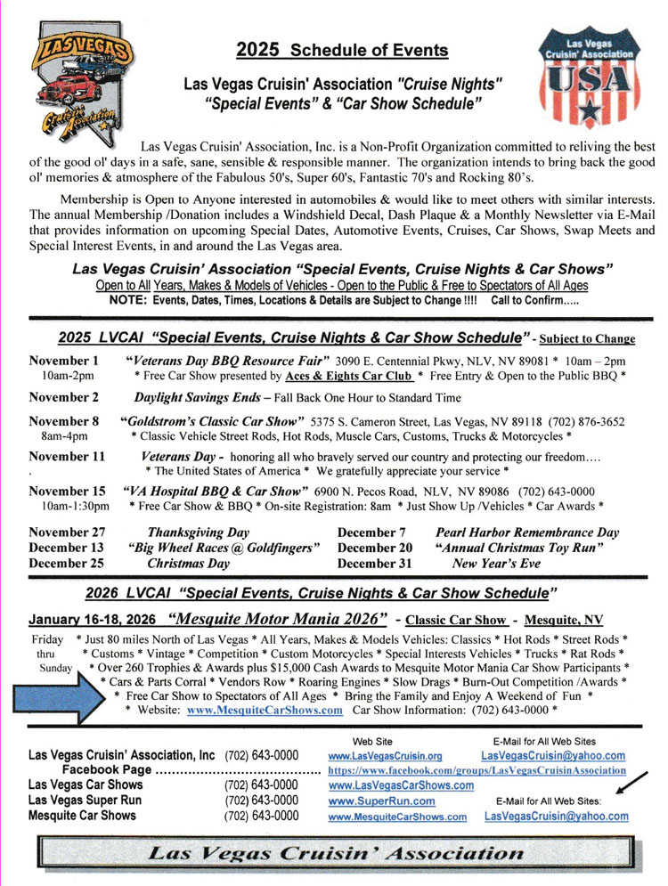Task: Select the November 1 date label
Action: (64, 361)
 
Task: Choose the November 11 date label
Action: (68, 455)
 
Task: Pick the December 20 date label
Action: (375, 548)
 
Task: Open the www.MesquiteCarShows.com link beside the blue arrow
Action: (265, 710)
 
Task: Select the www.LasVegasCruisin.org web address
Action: (385, 756)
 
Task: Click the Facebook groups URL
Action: (476, 770)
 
